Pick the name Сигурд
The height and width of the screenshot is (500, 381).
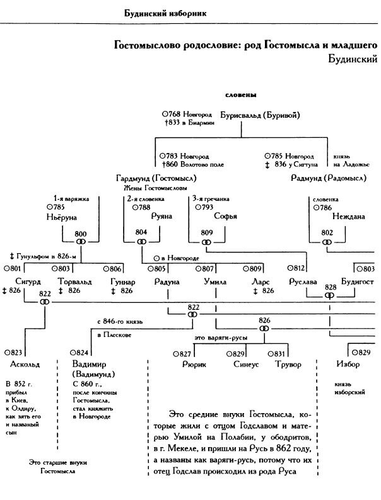pyautogui.click(x=28, y=281)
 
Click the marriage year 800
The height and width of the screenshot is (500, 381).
pyautogui.click(x=80, y=233)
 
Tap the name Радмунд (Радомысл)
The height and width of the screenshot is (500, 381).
pyautogui.click(x=329, y=178)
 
